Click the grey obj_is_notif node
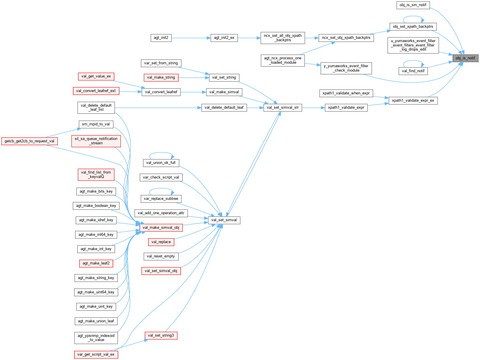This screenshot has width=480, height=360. [x=465, y=58]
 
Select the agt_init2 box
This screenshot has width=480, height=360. [x=161, y=38]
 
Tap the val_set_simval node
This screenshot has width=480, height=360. [x=224, y=220]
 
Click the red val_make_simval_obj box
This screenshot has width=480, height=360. [x=161, y=228]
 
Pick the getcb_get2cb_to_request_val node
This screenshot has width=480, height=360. [x=29, y=141]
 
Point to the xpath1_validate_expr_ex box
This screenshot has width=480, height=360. [x=413, y=101]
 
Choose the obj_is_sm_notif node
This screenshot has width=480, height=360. [x=413, y=5]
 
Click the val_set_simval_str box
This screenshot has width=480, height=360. [x=283, y=108]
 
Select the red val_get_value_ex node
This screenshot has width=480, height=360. [x=96, y=76]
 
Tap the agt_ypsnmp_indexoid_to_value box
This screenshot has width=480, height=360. [x=96, y=338]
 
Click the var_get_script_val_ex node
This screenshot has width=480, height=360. [x=96, y=354]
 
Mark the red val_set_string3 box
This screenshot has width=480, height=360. [x=161, y=335]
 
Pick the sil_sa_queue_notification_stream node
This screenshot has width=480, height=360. [x=96, y=141]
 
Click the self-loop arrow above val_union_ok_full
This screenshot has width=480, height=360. [x=161, y=153]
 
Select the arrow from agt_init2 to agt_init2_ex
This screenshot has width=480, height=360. [x=191, y=38]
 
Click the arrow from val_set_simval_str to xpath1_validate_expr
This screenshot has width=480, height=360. [x=313, y=108]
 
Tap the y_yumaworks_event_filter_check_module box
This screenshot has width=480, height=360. [x=346, y=68]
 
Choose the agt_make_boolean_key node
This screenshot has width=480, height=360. [x=96, y=206]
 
